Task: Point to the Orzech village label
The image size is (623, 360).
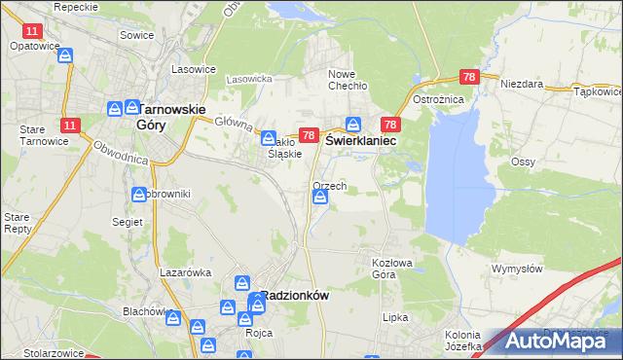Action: click(330, 185)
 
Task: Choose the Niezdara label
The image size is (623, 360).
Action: click(521, 84)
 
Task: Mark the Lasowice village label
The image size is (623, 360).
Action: click(193, 69)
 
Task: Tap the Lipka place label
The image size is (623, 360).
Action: click(395, 317)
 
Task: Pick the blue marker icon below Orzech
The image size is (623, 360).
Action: click(320, 198)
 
